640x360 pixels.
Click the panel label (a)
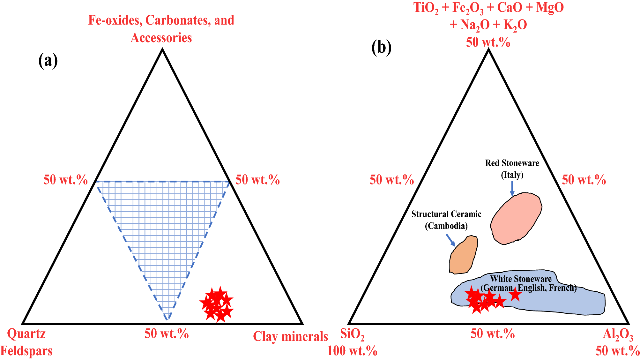[48, 60]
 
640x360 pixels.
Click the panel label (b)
[381, 48]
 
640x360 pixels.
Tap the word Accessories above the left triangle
[161, 38]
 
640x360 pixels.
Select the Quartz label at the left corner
[26, 334]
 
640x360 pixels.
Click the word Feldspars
[26, 351]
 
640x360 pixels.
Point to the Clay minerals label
[290, 336]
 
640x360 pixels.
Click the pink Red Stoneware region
[515, 219]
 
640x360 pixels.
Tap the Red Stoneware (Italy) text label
[512, 169]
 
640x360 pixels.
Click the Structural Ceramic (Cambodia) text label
[446, 220]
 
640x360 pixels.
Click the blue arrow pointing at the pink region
[512, 189]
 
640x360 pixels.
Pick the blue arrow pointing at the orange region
[451, 240]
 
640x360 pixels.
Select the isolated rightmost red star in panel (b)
[515, 294]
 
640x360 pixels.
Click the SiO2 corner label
[352, 334]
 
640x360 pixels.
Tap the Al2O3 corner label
[618, 334]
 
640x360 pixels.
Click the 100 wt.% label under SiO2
[352, 351]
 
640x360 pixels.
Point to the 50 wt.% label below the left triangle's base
[166, 334]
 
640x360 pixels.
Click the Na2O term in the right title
[475, 25]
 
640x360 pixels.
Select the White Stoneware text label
[521, 279]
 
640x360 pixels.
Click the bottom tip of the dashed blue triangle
[167, 319]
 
